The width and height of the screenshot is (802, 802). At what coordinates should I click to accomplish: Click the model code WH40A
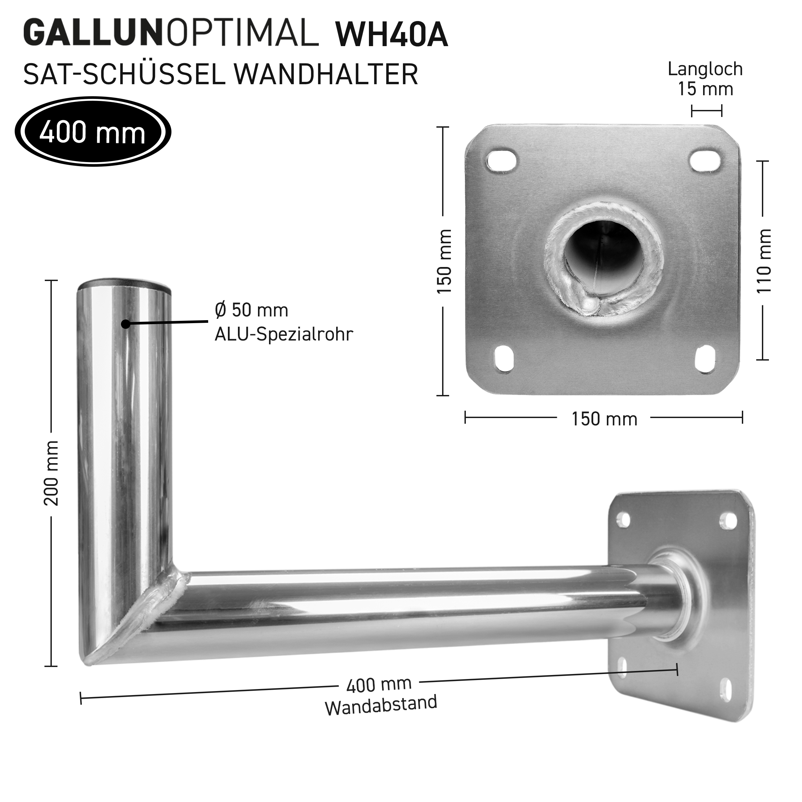click(x=391, y=35)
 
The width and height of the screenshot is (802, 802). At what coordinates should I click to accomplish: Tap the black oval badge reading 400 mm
click(x=93, y=132)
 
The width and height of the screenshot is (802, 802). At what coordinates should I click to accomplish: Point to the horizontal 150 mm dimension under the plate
click(x=604, y=419)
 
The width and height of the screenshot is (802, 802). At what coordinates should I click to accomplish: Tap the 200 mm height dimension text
click(x=51, y=473)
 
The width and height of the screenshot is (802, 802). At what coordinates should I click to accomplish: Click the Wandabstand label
click(x=381, y=705)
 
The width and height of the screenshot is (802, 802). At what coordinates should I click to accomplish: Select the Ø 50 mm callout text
click(x=252, y=310)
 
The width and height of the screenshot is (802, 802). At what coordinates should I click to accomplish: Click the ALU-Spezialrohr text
click(x=283, y=334)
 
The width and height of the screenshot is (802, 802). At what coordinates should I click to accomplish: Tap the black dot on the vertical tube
click(x=125, y=324)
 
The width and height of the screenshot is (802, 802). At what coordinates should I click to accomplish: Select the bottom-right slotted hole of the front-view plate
click(x=706, y=358)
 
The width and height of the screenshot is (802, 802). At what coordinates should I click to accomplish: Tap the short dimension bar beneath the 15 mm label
click(x=706, y=111)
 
